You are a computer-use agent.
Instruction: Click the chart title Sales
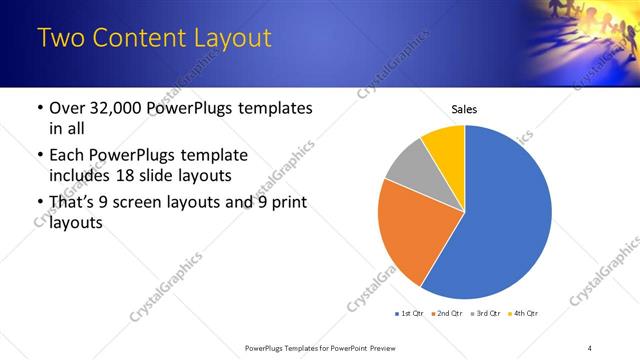(465, 109)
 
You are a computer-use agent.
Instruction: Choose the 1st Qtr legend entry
(410, 314)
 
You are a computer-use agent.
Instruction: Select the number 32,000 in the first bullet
(119, 108)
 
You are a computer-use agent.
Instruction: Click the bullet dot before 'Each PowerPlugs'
(38, 156)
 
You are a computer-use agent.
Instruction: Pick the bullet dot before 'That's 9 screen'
(38, 204)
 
